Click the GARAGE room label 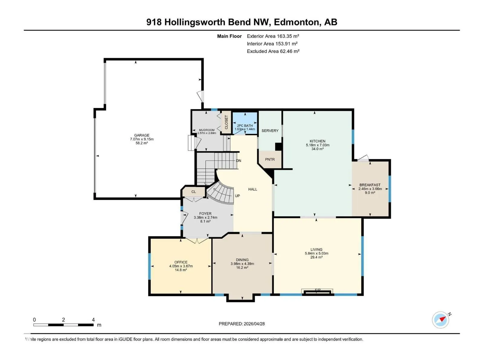(142, 135)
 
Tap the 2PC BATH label (245, 126)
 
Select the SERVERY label (270, 131)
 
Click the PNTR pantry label (270, 159)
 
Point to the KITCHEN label (317, 141)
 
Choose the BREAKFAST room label (370, 185)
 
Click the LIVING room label (316, 250)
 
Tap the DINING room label (242, 260)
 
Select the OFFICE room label (181, 262)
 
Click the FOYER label (205, 214)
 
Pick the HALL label (253, 189)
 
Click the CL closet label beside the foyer (194, 192)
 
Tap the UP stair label (237, 196)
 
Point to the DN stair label (239, 161)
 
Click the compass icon (440, 320)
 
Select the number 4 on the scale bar (93, 319)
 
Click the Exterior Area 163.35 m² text (273, 36)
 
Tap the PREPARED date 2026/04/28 (254, 324)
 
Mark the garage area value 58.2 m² (142, 143)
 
